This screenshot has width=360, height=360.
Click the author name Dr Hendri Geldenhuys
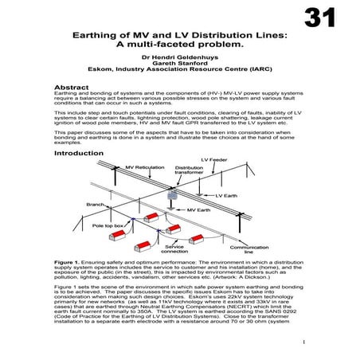(x=179, y=58)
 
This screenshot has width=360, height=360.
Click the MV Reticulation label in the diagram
(x=143, y=168)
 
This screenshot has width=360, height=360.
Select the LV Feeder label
(x=214, y=161)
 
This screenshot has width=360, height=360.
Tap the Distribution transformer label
(x=190, y=171)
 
